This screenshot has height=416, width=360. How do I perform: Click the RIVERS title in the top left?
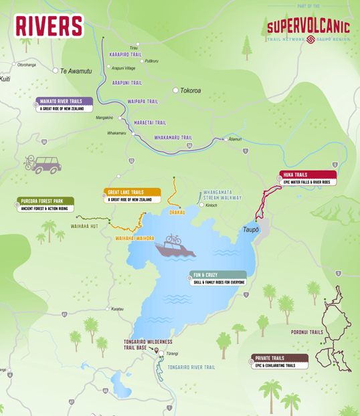coord(49,25)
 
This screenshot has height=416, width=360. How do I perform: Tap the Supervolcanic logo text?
coord(308,27)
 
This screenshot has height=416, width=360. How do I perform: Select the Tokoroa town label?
coord(190,90)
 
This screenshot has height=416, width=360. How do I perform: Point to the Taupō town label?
coord(250,229)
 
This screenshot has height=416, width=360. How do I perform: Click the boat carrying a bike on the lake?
coord(175,247)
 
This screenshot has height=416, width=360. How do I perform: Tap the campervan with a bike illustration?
coord(43,163)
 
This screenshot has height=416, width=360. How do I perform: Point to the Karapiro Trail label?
coord(125,54)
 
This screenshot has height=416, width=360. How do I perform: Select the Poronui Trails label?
coord(306,332)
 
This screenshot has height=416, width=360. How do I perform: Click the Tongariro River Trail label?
coord(191,367)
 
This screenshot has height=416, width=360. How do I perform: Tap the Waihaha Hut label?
coord(85,226)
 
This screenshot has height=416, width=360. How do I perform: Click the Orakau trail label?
coord(177,212)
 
